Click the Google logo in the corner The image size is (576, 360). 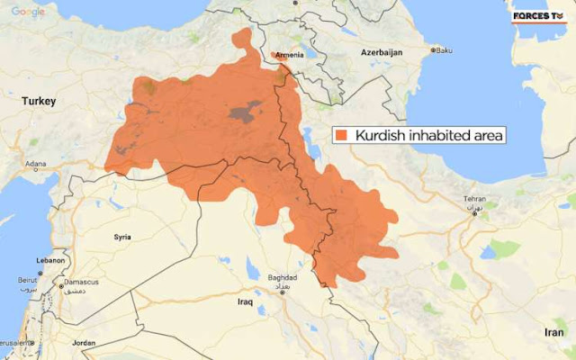[x=29, y=11]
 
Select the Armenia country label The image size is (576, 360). [x=289, y=54]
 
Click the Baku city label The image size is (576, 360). [x=445, y=50]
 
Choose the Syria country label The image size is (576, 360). [x=122, y=237]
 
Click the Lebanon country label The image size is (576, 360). [x=50, y=260]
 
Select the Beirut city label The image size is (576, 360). [x=29, y=281]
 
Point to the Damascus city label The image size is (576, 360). [x=83, y=283]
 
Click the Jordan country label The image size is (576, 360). [x=84, y=343]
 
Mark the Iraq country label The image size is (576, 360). [x=245, y=301]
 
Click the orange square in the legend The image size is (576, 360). [x=342, y=136]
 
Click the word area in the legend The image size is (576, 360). [x=486, y=136]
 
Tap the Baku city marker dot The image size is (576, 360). [x=433, y=50]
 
